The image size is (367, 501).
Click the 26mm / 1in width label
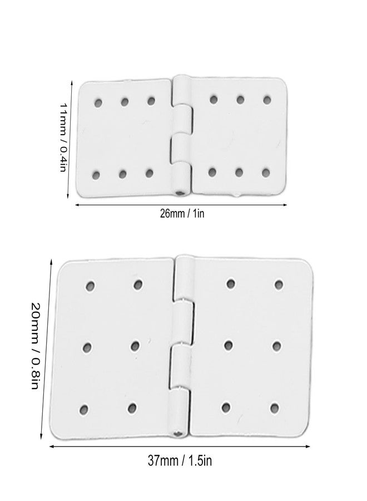pos(182,213)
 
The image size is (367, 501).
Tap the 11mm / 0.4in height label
pos(63,137)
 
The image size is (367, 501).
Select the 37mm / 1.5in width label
pos(180,461)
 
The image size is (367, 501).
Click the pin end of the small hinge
pos(181,193)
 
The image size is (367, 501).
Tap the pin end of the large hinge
pos(178,434)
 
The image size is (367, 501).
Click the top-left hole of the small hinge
pos(98,103)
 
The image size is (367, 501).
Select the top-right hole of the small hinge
pos(267,100)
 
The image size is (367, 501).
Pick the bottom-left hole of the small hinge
pos(96,175)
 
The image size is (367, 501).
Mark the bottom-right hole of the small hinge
pos(265,173)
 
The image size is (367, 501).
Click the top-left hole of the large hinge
pos(90,286)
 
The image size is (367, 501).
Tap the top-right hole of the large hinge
pos(279,284)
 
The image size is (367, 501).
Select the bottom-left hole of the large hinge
pos(83,410)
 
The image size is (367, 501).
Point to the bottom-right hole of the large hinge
pos(274,408)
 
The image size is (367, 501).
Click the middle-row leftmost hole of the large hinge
pos(87,347)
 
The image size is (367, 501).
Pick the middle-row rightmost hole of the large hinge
pos(277,346)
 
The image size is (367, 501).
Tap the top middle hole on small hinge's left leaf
pos(125,102)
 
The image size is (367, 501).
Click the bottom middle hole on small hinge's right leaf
pos(239,173)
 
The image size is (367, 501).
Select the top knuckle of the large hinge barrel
pos(184,277)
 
